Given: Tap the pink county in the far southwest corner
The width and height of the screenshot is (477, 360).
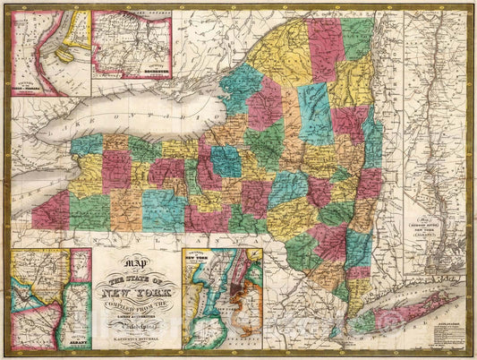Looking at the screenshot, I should point(50,211).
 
